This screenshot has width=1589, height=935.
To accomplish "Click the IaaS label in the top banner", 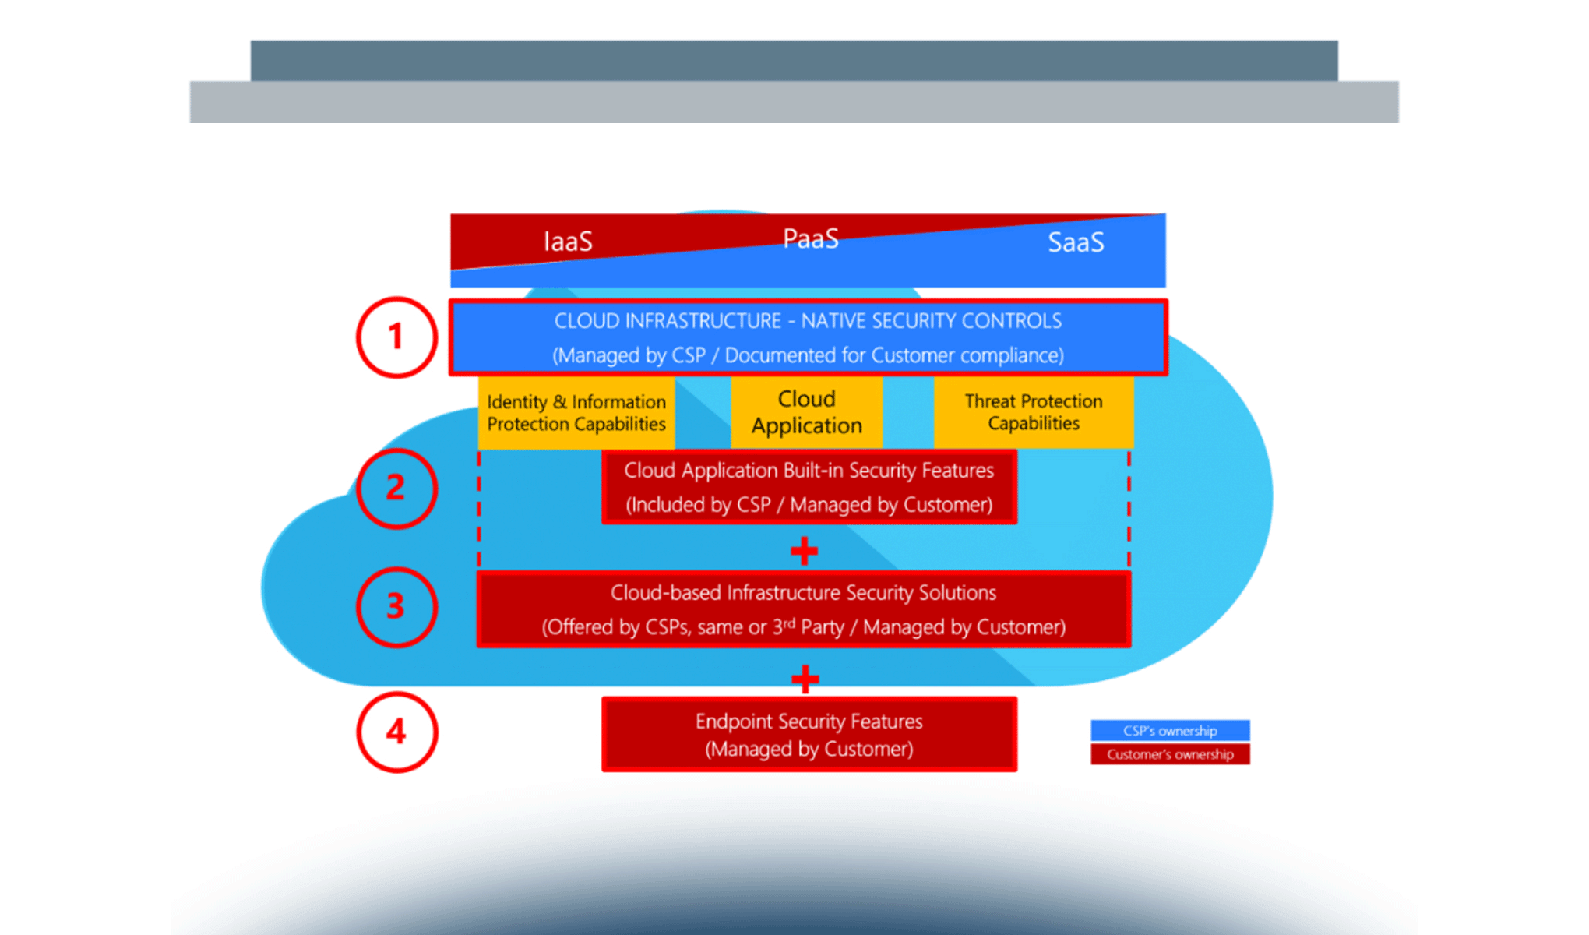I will (x=568, y=242).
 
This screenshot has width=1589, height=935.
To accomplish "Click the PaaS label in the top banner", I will (x=810, y=238).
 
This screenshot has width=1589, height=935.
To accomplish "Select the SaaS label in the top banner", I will (x=1076, y=242).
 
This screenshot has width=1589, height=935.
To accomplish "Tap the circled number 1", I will (x=396, y=337).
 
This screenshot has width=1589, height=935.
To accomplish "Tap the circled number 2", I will (x=396, y=489).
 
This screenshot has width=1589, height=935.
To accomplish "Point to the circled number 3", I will (x=396, y=607).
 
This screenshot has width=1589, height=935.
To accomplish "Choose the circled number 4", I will (x=396, y=732).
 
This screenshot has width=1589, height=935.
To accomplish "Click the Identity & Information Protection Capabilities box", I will (x=576, y=413).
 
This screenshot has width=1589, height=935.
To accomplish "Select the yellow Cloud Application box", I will (x=807, y=412).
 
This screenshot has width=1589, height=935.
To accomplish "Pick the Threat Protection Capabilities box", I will (x=1034, y=412).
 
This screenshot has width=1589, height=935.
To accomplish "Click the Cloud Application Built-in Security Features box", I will (x=809, y=487).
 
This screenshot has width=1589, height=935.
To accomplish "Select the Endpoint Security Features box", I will (x=809, y=735).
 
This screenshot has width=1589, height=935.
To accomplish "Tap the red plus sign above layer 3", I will (x=804, y=552).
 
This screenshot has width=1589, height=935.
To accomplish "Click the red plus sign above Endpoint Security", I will (x=805, y=679).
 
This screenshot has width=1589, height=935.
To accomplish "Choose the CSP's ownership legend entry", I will (x=1170, y=731).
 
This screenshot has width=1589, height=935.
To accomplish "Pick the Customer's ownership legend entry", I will (x=1170, y=754).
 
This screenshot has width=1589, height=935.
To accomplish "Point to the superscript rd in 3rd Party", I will (x=790, y=623).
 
